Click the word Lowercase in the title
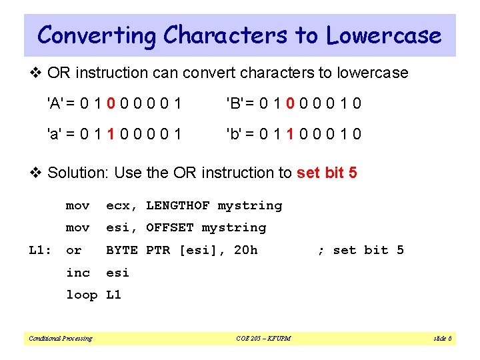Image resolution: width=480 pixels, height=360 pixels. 384,35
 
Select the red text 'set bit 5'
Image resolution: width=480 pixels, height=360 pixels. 327,173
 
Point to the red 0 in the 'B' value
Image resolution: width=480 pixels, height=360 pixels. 291,103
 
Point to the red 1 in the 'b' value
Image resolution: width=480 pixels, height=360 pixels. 291,134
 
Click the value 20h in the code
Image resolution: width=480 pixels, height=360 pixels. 245,250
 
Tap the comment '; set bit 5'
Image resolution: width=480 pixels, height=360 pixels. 361,250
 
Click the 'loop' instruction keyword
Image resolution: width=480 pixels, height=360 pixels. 81,295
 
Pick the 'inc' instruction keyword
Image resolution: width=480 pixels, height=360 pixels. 77,272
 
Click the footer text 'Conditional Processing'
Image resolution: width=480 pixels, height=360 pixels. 60,339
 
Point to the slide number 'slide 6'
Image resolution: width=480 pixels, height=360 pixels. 442,339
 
